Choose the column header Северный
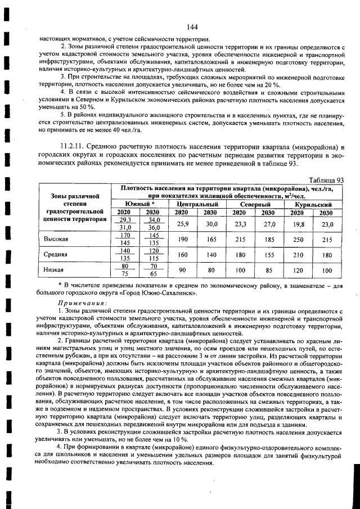[254, 203]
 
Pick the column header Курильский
[311, 203]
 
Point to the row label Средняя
[56, 254]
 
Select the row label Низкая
[54, 269]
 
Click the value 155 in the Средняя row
[268, 254]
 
